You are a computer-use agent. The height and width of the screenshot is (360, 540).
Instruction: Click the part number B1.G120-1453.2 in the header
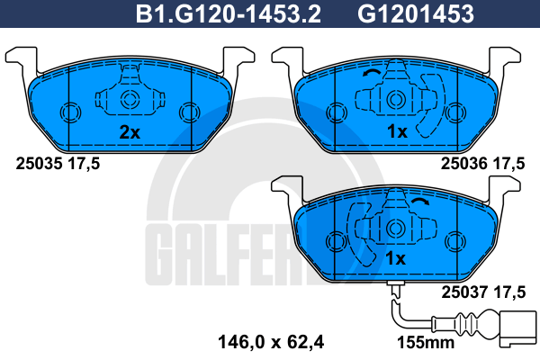point(229,14)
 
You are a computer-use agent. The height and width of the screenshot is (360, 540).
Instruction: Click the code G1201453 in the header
point(416,14)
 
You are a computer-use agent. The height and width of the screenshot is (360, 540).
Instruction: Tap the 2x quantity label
point(130,132)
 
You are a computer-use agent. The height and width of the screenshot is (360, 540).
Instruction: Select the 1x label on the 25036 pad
point(397,131)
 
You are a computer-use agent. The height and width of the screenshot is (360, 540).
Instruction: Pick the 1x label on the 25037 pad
point(396,258)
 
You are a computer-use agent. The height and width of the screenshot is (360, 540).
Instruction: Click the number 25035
point(39,164)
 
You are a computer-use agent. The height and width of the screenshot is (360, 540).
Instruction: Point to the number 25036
point(464,164)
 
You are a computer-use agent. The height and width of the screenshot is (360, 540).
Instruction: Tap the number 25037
point(465,292)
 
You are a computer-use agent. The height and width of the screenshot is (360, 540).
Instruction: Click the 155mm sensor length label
point(426,343)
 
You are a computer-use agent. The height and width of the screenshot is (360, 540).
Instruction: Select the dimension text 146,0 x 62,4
point(271,342)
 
